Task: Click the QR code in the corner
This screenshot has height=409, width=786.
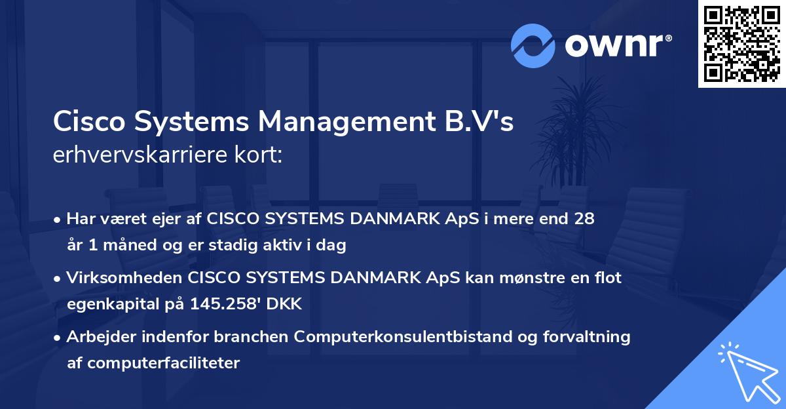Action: [x=741, y=44]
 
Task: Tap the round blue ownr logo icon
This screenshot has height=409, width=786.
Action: [x=533, y=45]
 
